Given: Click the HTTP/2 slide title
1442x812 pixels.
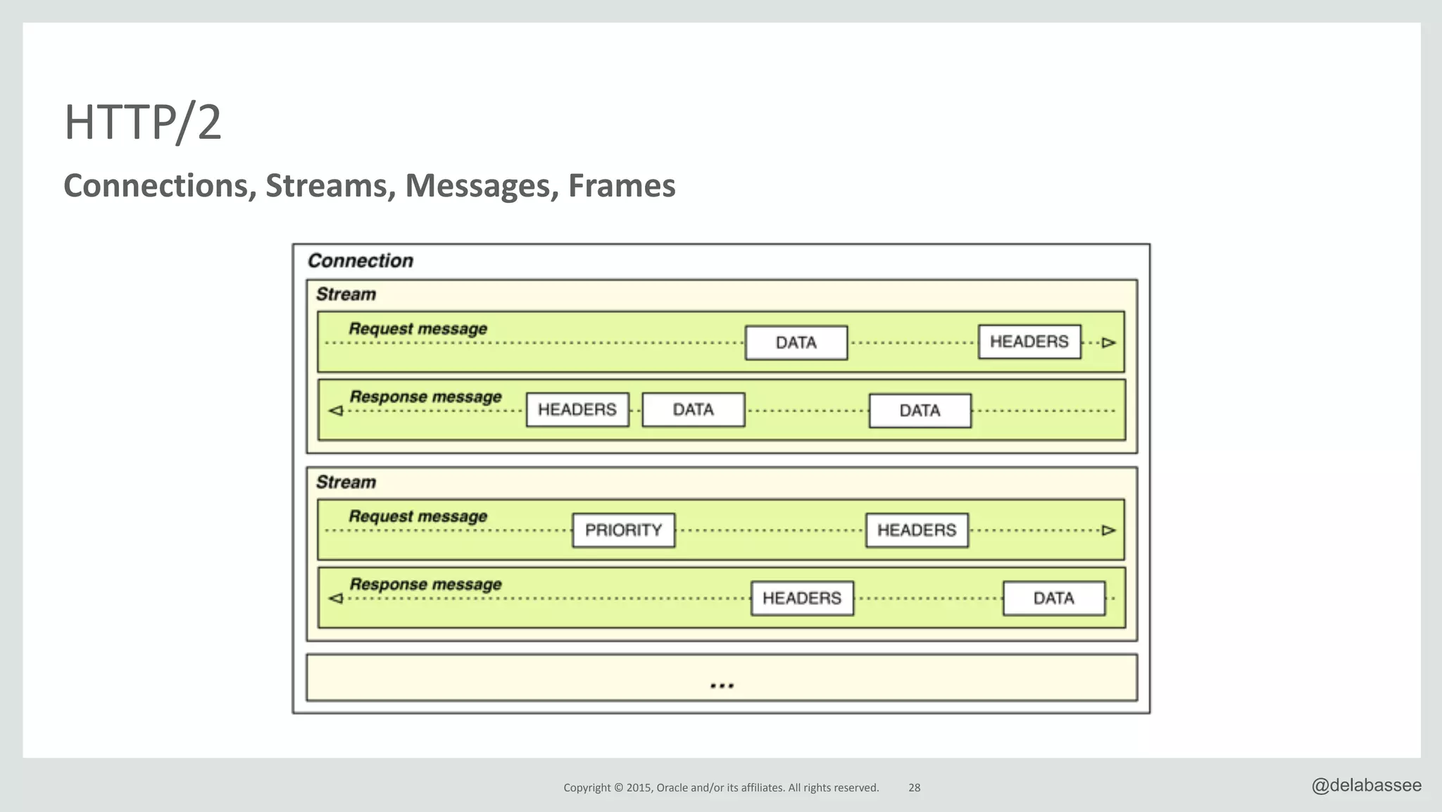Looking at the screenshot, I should click(x=143, y=123).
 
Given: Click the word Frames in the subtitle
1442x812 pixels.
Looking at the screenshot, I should click(x=621, y=186).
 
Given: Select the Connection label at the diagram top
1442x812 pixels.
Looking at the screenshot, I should click(x=360, y=261).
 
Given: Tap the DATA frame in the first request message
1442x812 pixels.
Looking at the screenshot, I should click(x=796, y=343).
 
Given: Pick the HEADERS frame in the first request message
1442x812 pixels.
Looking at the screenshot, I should click(x=1029, y=342).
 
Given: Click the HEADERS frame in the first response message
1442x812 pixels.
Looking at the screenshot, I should click(x=577, y=410).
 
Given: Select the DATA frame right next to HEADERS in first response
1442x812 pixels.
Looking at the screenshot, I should click(x=693, y=410).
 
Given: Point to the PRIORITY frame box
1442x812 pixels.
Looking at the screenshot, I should click(x=623, y=530).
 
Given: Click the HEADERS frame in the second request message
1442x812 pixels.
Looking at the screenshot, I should click(x=916, y=530).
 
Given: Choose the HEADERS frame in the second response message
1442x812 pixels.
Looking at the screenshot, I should click(x=801, y=599).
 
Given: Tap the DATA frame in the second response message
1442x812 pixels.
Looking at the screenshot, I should click(x=1053, y=599).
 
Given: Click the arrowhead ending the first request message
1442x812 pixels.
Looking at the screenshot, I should click(x=1109, y=343).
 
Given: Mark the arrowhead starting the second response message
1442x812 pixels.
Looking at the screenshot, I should click(x=336, y=599).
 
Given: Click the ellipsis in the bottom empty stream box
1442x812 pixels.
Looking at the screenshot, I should click(x=722, y=685).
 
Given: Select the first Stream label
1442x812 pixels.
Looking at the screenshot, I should click(x=346, y=294).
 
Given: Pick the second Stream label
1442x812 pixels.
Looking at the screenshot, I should click(x=346, y=482).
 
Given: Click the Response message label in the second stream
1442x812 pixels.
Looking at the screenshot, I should click(x=425, y=585).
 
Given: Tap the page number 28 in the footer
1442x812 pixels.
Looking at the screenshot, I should click(x=914, y=787).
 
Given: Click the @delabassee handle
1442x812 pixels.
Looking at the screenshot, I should click(x=1366, y=785).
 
